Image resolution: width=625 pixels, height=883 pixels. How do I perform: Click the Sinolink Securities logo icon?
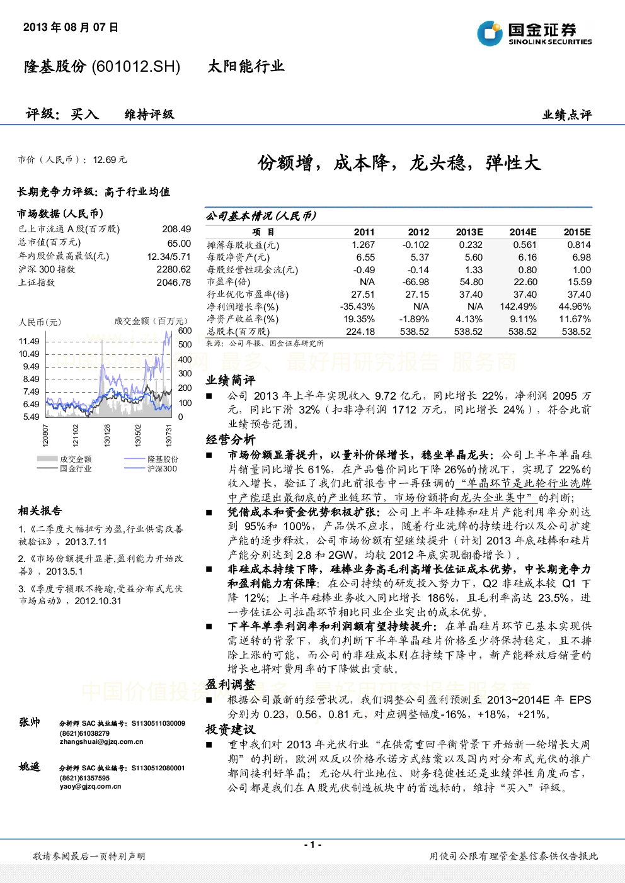click(490, 33)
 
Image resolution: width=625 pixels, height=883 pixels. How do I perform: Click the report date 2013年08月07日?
click(71, 27)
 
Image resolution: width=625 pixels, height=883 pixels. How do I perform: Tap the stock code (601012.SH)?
click(135, 67)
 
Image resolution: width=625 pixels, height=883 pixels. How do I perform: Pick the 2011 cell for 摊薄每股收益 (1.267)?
click(363, 245)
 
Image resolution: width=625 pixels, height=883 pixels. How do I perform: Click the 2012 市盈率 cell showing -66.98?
click(415, 282)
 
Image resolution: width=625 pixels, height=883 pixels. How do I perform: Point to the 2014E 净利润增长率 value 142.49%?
click(518, 307)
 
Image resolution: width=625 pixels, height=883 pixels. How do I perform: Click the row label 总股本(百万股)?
click(238, 332)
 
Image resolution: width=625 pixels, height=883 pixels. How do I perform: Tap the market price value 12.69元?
click(110, 160)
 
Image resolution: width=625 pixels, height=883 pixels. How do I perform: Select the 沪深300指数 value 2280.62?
click(174, 269)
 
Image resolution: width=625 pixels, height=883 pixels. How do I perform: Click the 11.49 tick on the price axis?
click(29, 341)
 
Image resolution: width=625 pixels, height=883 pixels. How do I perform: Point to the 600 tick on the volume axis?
click(185, 330)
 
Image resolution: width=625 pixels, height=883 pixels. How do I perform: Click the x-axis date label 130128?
click(107, 435)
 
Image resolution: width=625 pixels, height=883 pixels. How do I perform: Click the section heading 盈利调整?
click(231, 685)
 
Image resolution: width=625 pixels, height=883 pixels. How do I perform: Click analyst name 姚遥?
click(30, 767)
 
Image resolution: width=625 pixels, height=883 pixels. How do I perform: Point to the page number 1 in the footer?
click(312, 845)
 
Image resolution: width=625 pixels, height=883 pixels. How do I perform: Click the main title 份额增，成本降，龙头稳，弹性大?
click(399, 163)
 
